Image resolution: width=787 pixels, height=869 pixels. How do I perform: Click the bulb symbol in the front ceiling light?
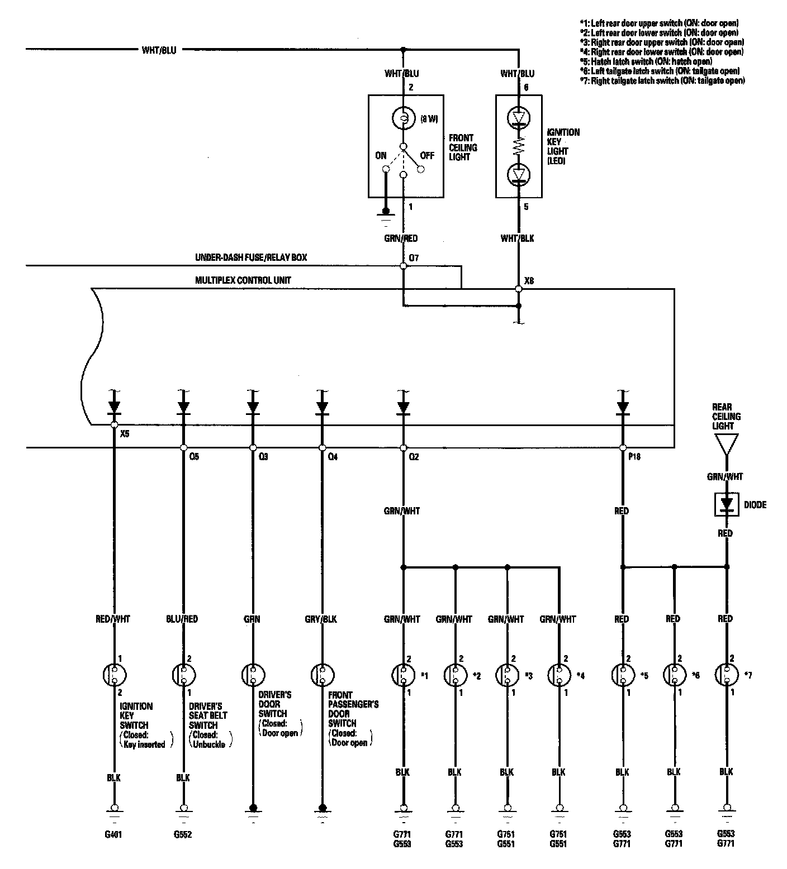pos(402,118)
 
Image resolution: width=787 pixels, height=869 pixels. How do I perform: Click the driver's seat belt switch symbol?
pos(183,675)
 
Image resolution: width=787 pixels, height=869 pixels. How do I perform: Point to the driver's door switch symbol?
pos(253,675)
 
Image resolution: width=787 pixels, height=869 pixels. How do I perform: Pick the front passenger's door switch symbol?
pos(322,675)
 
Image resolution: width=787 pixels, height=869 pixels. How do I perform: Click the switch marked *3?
pos(507,675)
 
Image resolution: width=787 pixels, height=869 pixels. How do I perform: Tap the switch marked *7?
pos(726,675)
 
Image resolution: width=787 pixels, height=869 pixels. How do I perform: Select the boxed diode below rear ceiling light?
pos(726,504)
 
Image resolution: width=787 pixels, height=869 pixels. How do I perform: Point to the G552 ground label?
pos(183,835)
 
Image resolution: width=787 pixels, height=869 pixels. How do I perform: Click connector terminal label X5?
pos(125,433)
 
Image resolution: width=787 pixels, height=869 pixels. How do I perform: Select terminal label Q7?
pos(414,257)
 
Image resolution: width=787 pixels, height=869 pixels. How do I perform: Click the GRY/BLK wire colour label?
pos(321,619)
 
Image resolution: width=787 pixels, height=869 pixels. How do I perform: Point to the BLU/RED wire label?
pos(182,619)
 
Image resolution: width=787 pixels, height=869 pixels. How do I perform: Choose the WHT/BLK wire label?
pos(518,238)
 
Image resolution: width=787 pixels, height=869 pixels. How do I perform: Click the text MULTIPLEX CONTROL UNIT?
pos(243,280)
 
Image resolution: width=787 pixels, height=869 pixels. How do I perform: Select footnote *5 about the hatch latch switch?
pos(646,61)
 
